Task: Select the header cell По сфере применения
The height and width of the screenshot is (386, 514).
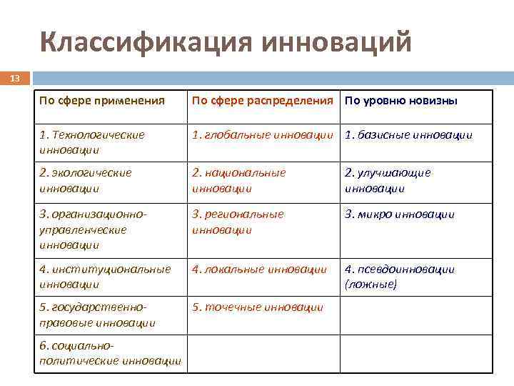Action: click(102, 101)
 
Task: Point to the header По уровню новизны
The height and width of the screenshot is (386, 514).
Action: click(400, 101)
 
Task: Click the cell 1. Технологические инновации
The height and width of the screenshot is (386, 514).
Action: click(92, 142)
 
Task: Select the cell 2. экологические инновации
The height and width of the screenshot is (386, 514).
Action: click(86, 181)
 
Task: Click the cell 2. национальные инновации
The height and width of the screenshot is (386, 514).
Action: click(238, 181)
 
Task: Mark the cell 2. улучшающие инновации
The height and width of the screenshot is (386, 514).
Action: click(388, 181)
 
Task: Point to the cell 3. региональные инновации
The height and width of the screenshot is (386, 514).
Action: click(238, 222)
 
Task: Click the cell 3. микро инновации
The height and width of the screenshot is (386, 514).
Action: click(399, 214)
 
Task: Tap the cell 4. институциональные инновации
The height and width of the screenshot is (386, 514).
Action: click(105, 277)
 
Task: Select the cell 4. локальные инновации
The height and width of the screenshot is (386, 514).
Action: click(259, 269)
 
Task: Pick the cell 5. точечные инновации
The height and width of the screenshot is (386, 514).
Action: click(257, 307)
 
